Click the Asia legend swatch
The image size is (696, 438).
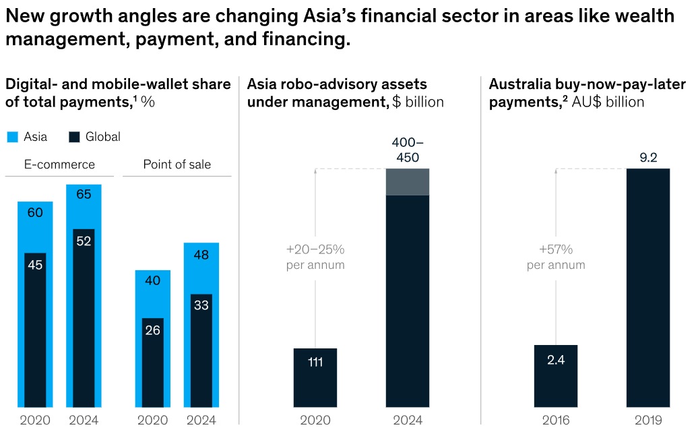tap(12, 137)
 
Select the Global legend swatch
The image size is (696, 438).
tap(74, 137)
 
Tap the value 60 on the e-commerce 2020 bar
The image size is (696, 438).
tap(35, 213)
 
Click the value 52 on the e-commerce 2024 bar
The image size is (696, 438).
tap(84, 241)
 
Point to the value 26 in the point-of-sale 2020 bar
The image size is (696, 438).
tap(152, 330)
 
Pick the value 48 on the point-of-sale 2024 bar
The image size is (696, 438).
tap(201, 255)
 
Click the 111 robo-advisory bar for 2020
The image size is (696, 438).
tap(315, 377)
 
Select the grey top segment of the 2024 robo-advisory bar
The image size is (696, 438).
tap(407, 182)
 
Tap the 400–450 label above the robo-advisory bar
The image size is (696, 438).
tap(407, 151)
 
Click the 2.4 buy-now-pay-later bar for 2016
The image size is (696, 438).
tap(556, 376)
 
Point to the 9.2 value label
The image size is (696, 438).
tap(648, 158)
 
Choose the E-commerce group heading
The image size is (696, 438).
tap(59, 164)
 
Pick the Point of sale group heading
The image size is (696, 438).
tap(177, 164)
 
